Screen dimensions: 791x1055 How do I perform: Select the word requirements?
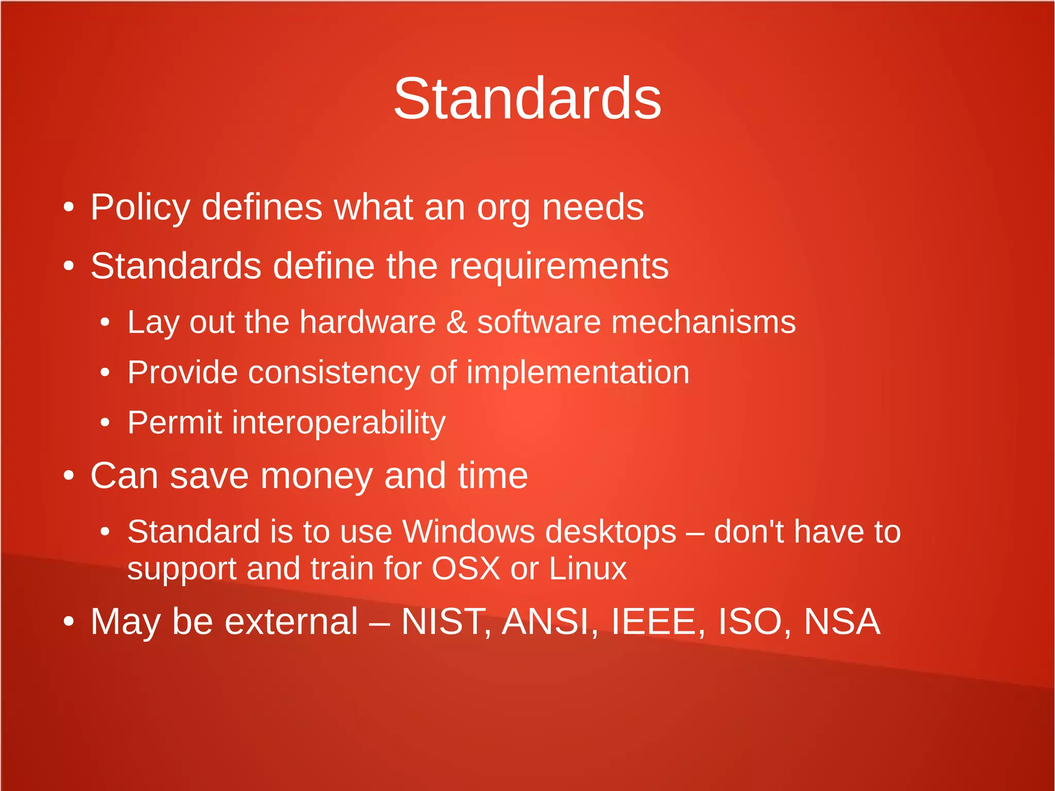click(x=559, y=266)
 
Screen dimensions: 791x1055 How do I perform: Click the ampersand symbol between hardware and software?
click(x=456, y=322)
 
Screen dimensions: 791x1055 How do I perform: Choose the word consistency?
click(x=334, y=373)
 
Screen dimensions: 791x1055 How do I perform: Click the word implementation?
click(x=577, y=373)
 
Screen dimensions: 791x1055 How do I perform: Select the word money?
click(x=316, y=476)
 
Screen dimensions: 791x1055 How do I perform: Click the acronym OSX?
click(x=466, y=568)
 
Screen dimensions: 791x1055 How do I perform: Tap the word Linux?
click(x=588, y=568)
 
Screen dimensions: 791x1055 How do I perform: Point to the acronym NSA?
click(x=842, y=621)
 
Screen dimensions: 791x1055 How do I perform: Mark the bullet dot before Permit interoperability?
click(x=105, y=423)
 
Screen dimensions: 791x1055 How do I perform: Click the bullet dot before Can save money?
click(x=69, y=476)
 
